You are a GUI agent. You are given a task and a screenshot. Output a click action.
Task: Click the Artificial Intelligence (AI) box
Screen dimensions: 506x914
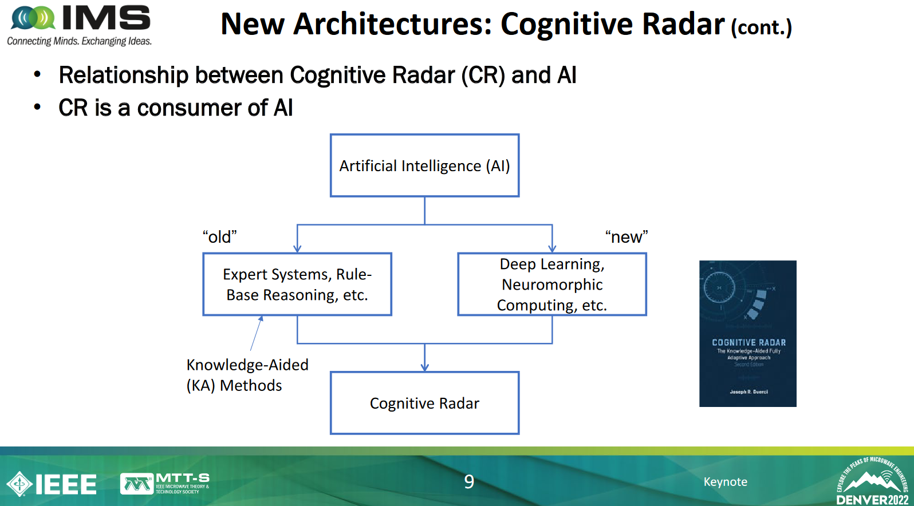(x=424, y=165)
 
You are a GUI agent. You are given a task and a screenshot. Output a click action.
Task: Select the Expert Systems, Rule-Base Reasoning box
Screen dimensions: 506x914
(x=297, y=284)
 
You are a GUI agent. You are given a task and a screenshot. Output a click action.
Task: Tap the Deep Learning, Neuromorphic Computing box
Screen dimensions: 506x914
(x=551, y=284)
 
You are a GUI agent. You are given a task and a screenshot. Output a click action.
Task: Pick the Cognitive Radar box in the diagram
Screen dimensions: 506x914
(x=424, y=403)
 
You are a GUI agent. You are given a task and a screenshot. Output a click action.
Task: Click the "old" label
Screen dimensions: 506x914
(x=219, y=237)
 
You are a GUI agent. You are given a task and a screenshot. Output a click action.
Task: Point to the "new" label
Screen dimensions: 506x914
(x=627, y=237)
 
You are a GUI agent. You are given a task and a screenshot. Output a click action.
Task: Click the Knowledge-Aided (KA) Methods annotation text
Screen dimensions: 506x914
(x=247, y=375)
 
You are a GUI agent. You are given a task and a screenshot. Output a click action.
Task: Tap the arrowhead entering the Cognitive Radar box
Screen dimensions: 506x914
(x=424, y=367)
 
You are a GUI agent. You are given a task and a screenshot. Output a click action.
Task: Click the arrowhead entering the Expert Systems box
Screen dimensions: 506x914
(x=297, y=248)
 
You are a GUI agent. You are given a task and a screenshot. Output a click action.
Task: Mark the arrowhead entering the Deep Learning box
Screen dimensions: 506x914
(x=552, y=248)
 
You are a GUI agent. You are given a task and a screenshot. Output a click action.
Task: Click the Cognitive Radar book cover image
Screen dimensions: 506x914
(x=747, y=334)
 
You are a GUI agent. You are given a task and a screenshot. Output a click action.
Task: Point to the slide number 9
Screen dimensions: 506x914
(x=469, y=482)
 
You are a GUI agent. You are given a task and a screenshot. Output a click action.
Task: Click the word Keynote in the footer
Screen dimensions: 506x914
(x=725, y=482)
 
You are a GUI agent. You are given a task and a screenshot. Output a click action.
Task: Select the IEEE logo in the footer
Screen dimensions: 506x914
(x=52, y=484)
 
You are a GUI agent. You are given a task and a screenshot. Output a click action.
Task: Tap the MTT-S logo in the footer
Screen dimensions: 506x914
(x=165, y=484)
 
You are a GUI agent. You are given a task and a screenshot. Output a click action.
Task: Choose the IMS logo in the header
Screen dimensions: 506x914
(x=80, y=25)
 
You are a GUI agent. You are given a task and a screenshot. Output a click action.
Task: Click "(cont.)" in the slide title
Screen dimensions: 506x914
(x=761, y=27)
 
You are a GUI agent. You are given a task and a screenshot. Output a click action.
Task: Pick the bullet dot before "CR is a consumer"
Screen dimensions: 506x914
(x=37, y=107)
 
